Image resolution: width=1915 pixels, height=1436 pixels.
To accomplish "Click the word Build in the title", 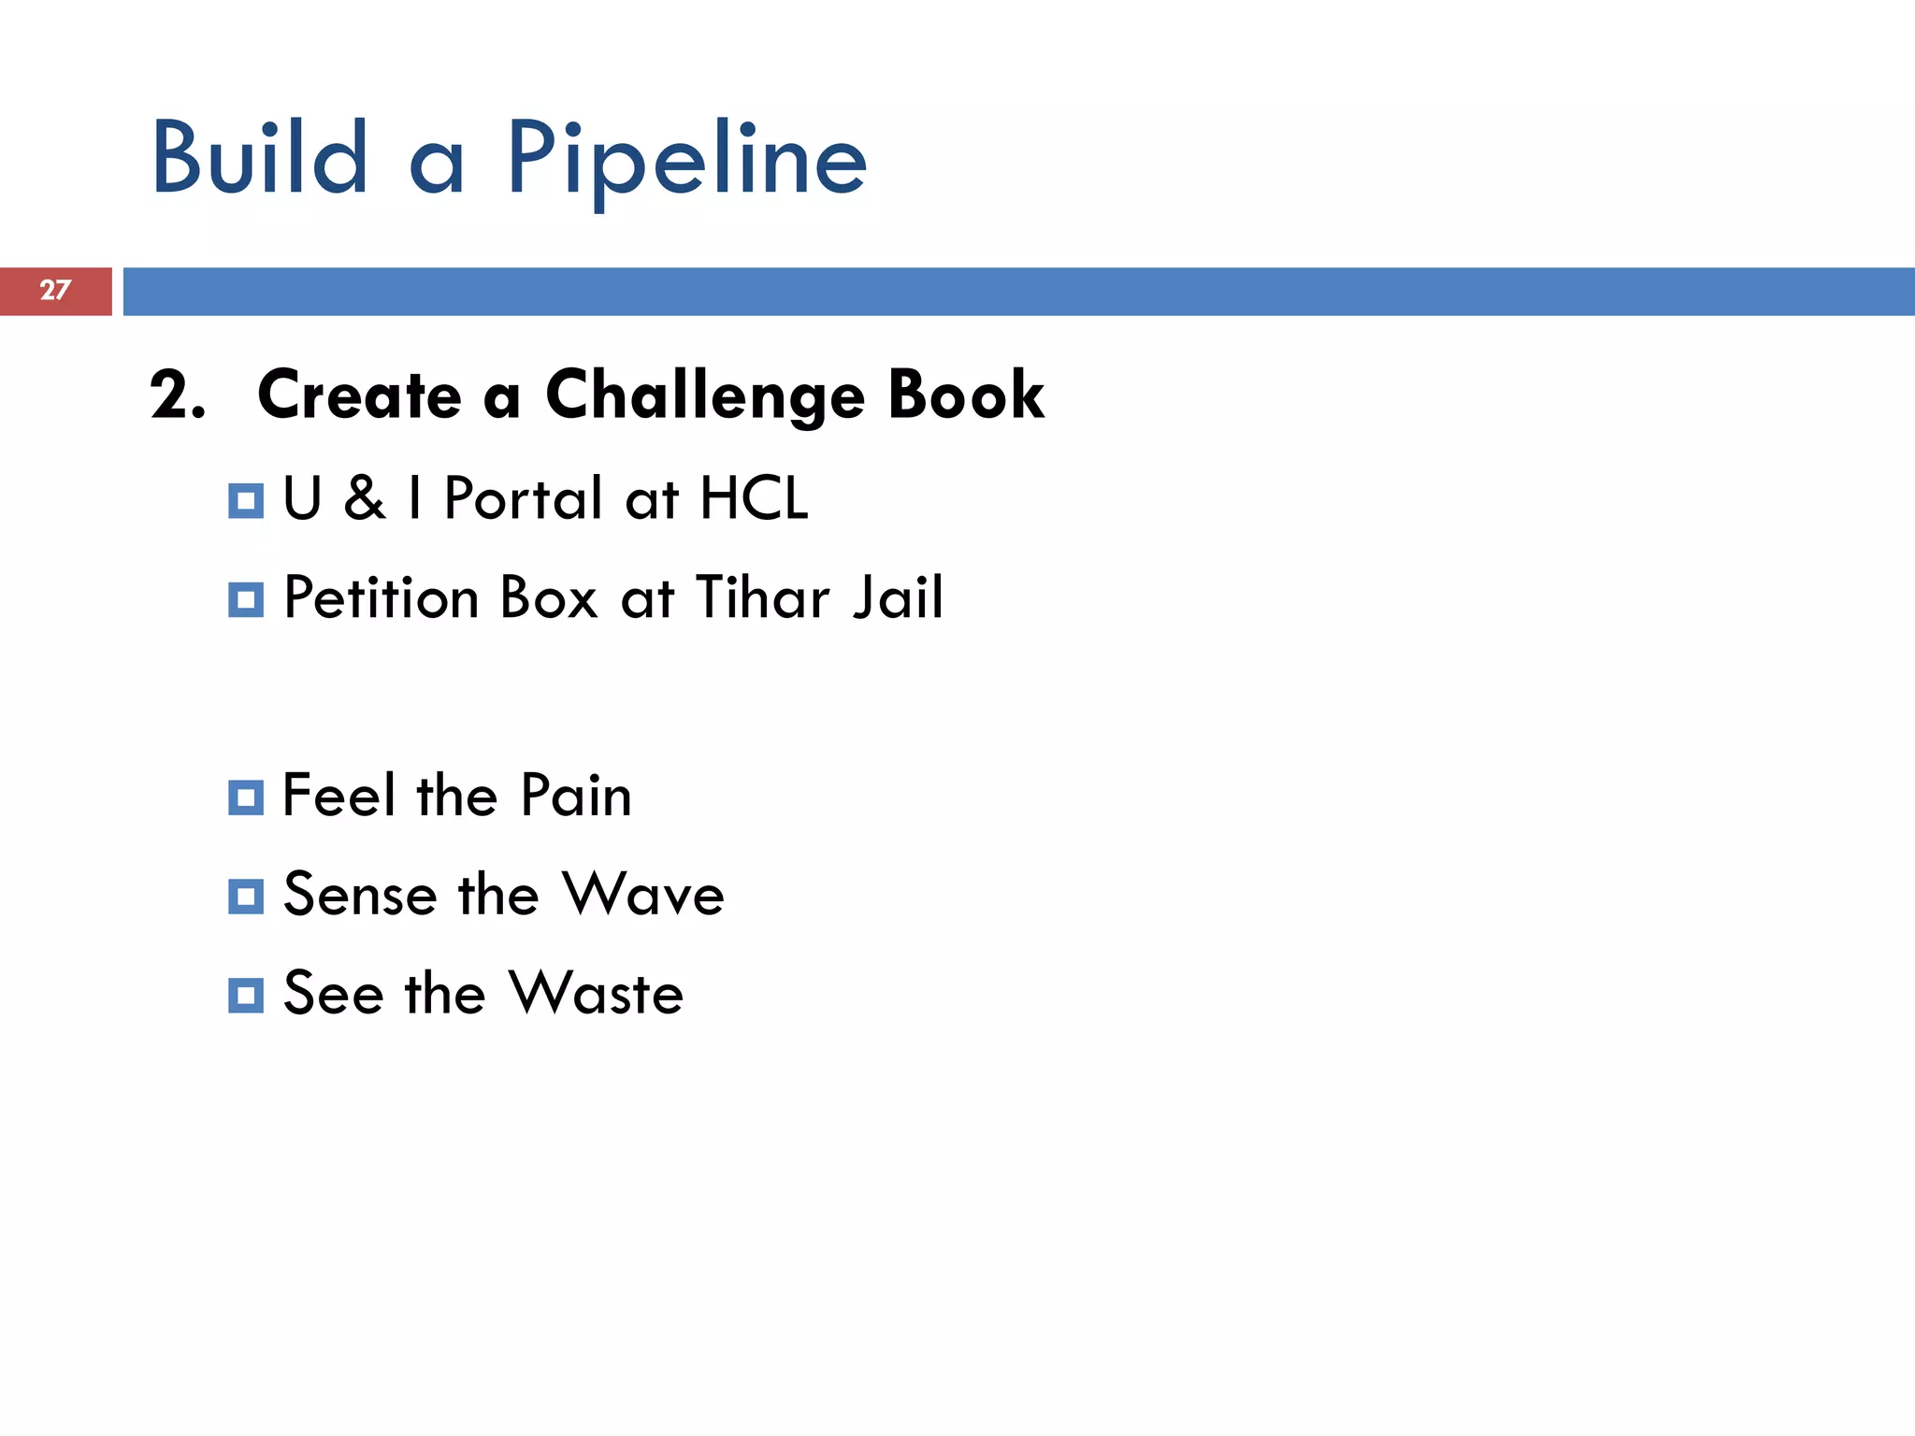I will coord(260,159).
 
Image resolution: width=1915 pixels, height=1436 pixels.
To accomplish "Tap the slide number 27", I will coord(55,291).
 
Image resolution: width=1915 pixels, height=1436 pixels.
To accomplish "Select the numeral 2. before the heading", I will coord(177,395).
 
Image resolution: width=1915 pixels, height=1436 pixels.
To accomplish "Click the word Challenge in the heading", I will coord(705,396).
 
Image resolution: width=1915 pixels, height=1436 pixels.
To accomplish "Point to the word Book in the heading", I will coord(966,395).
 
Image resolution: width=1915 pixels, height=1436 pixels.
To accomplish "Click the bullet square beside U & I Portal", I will coord(246,501).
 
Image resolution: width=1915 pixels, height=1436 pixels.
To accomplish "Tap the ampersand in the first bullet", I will coord(364,498).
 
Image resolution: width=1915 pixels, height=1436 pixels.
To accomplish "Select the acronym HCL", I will coord(754,498).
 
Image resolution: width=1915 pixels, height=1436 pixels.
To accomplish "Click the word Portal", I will coord(523,498).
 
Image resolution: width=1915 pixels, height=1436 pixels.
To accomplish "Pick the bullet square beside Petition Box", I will coord(246,599).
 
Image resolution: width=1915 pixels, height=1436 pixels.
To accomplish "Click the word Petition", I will coord(381,597).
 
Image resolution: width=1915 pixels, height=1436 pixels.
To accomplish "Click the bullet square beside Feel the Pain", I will coord(246,797).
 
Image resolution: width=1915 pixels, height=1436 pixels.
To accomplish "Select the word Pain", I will coord(576,796).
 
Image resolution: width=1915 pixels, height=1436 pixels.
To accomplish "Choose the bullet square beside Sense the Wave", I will coord(246,897).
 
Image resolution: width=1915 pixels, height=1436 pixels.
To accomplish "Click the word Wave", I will coord(644,895).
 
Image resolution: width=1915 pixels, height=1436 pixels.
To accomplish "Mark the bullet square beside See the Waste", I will coord(246,996).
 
